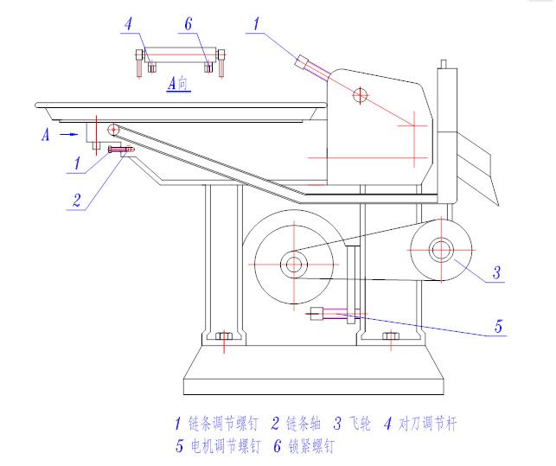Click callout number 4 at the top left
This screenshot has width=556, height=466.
click(128, 24)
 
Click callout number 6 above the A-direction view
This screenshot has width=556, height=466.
click(189, 24)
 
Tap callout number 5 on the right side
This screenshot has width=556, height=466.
click(498, 327)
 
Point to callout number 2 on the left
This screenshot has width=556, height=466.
click(77, 200)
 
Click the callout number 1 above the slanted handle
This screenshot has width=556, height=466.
click(257, 24)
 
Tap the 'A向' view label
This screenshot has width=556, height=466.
click(177, 84)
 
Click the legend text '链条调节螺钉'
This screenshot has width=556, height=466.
click(221, 424)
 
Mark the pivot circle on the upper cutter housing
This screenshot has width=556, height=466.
click(359, 94)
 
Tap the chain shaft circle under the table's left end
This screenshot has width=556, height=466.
click(113, 130)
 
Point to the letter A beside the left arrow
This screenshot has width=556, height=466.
click(45, 134)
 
